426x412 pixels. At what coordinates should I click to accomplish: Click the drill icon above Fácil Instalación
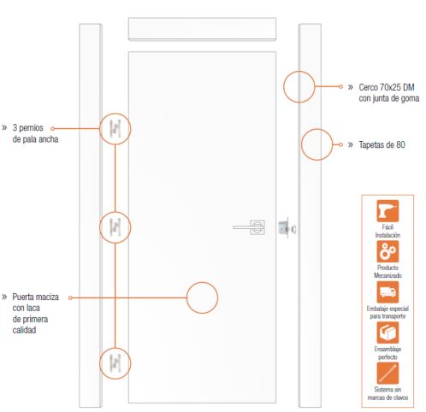(x=388, y=211)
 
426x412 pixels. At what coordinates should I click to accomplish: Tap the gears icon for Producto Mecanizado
(x=388, y=251)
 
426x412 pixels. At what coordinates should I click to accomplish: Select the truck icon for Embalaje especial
(x=388, y=292)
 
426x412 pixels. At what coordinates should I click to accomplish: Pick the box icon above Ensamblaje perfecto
(x=388, y=333)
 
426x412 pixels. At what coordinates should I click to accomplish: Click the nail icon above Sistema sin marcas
(x=388, y=374)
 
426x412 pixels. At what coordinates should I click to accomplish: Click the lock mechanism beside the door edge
(x=287, y=227)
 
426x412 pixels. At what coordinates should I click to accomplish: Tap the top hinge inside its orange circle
(x=115, y=129)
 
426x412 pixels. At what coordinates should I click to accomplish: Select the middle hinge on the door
(x=115, y=227)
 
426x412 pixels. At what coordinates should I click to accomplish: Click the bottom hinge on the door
(x=115, y=363)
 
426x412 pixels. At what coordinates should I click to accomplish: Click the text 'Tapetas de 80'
(x=382, y=144)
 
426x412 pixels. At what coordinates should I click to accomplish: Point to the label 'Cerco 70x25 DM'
(x=387, y=87)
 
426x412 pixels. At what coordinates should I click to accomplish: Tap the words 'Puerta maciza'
(x=35, y=297)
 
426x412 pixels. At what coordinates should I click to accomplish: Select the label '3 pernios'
(x=27, y=127)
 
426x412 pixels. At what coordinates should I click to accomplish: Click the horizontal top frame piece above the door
(x=202, y=29)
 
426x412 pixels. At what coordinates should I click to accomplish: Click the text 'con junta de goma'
(x=389, y=98)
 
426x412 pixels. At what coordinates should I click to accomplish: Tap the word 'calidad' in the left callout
(x=24, y=330)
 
